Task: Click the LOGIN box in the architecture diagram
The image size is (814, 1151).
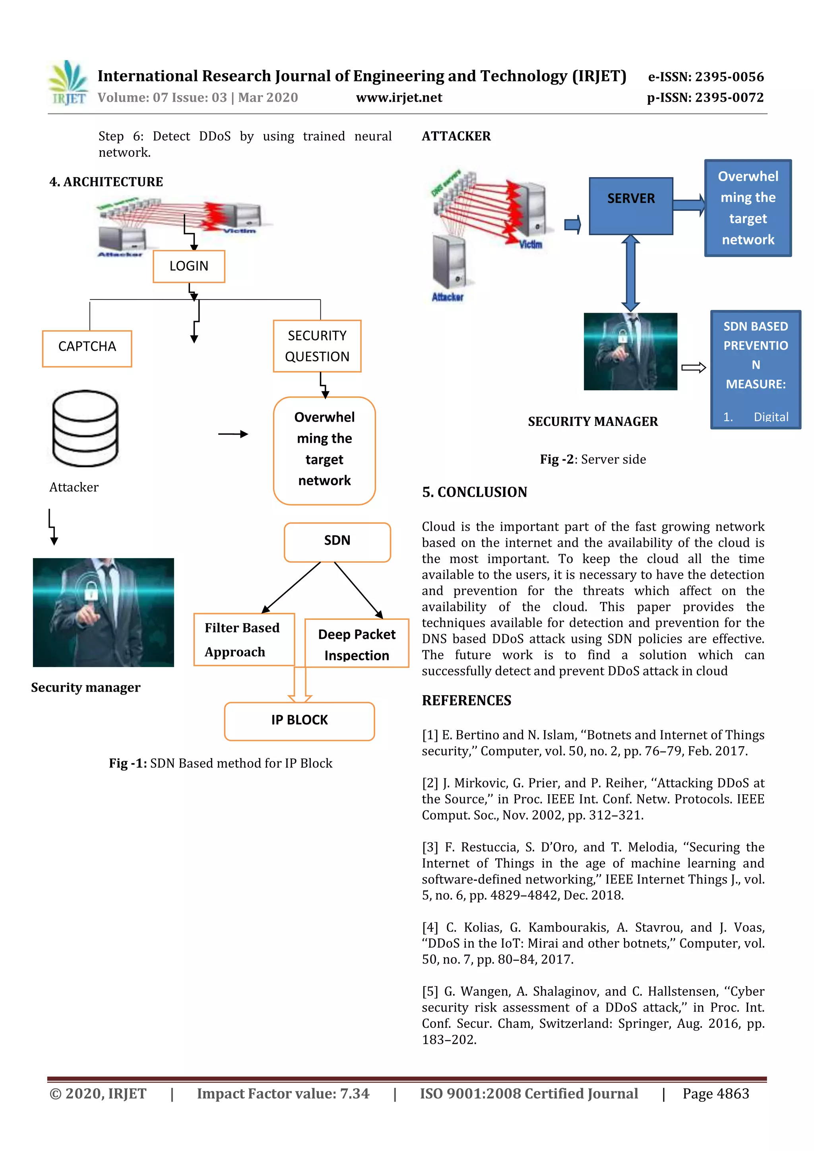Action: [188, 266]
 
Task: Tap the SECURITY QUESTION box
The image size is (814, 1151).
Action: [317, 346]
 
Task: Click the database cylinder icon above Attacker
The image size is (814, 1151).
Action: [85, 428]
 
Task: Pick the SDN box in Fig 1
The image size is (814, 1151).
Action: [337, 542]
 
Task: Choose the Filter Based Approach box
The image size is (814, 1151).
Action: [243, 639]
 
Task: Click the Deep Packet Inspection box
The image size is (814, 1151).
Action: [357, 644]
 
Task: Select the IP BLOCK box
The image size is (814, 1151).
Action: [299, 720]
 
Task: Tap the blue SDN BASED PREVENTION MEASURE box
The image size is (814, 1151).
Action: [755, 369]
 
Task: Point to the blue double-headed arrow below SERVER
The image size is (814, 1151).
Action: [630, 273]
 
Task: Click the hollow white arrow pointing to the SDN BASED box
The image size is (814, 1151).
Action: [694, 368]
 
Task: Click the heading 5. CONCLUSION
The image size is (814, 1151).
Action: [475, 492]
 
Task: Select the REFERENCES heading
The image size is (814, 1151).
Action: [467, 700]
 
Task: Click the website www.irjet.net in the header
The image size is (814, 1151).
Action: [399, 97]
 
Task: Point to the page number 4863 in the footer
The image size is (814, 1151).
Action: [733, 1093]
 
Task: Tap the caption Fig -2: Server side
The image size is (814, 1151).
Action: [593, 459]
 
